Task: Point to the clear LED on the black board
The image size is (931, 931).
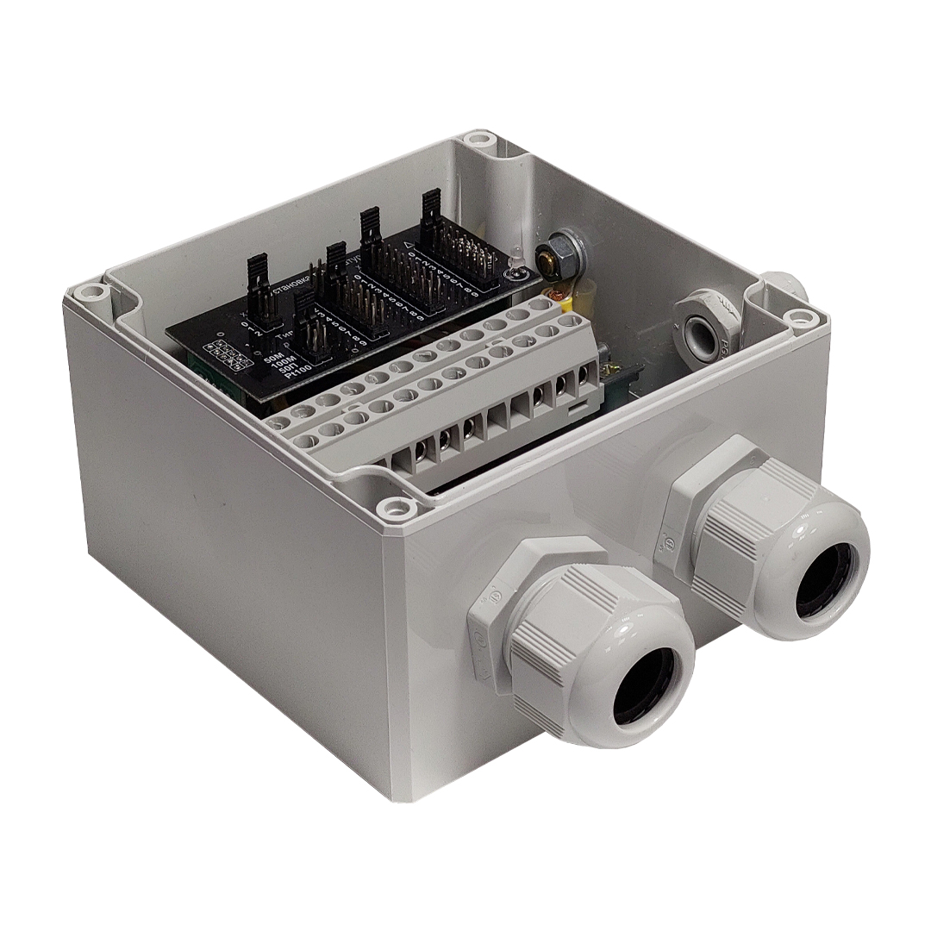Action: [x=515, y=259]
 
